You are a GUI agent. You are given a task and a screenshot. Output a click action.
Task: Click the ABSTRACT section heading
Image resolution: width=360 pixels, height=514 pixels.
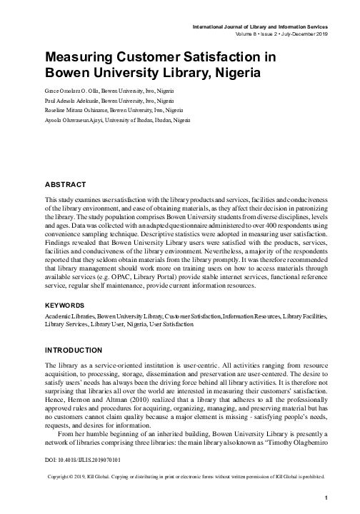[66, 183]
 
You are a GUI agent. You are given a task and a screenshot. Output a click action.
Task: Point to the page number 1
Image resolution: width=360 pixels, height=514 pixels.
[325, 498]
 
